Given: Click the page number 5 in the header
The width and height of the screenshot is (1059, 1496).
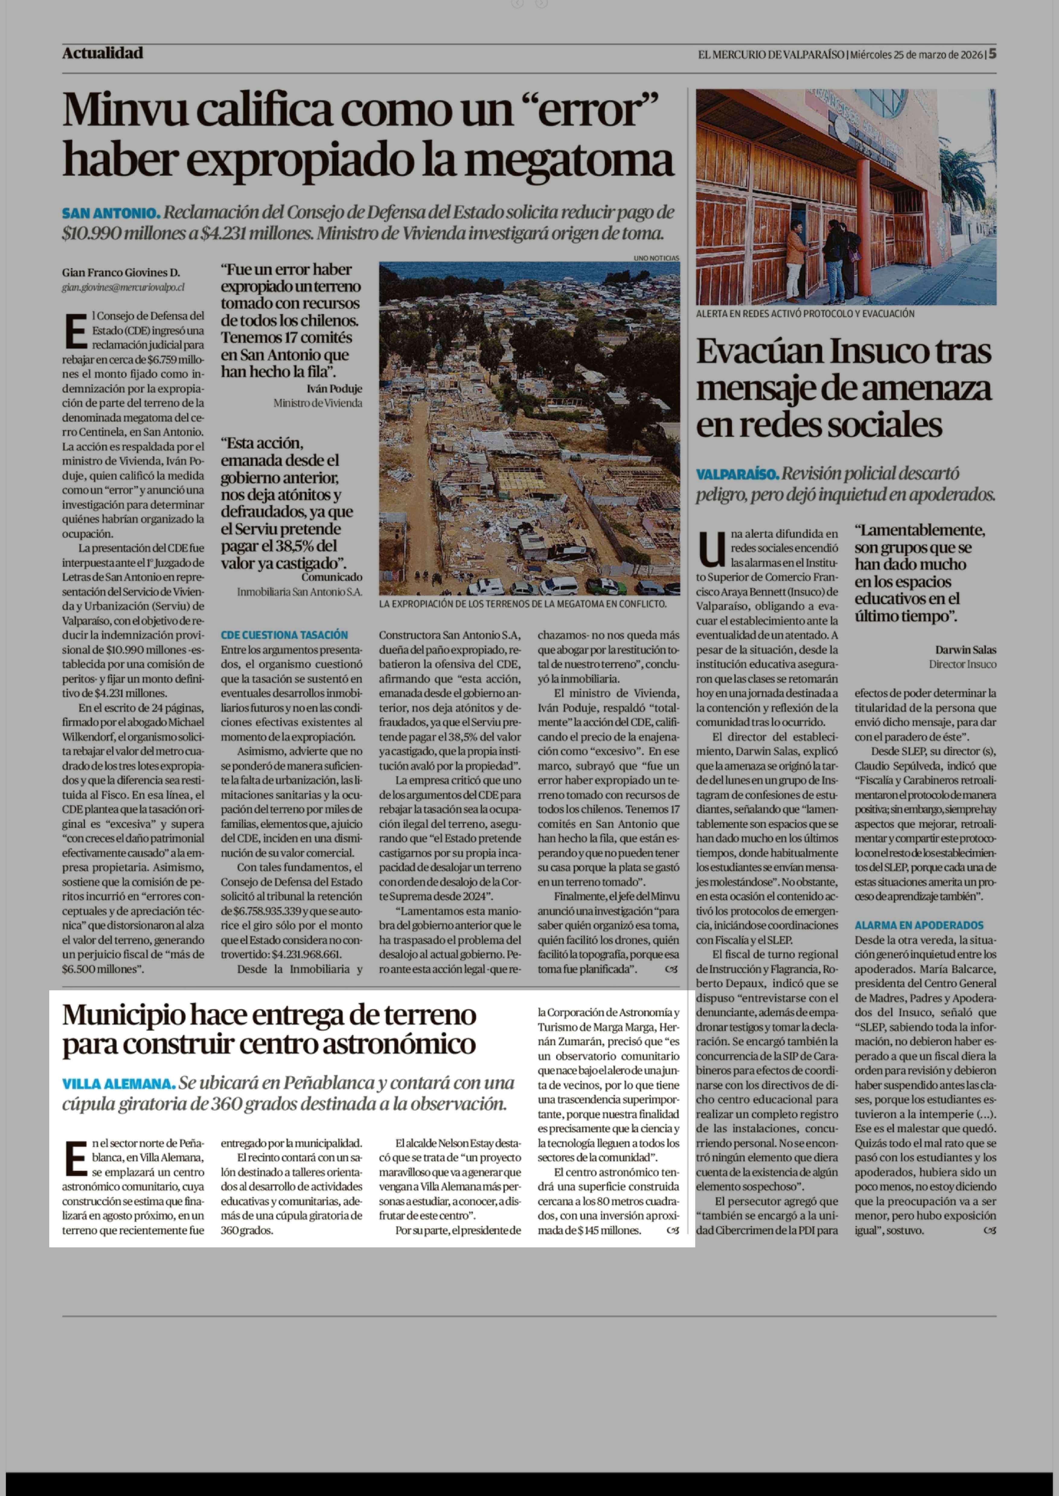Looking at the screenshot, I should tap(992, 54).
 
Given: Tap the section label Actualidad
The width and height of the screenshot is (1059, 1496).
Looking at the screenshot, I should tap(102, 53).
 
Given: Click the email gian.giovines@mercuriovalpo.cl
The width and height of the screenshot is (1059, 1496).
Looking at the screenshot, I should tap(123, 287).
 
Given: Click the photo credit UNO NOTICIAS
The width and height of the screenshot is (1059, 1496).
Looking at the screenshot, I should tap(656, 258).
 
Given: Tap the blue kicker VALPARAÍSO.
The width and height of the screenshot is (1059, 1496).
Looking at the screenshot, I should tap(737, 474).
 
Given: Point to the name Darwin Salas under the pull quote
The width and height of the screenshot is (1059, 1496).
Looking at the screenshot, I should tap(965, 650).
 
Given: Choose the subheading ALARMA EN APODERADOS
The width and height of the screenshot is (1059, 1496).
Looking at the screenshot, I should tap(919, 925).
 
